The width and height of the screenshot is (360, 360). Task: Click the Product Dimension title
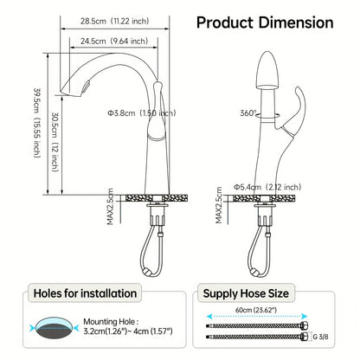pos(265,22)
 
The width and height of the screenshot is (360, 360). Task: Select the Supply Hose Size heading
pos(258,293)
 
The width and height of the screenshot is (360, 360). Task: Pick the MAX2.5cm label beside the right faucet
pos(221,208)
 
